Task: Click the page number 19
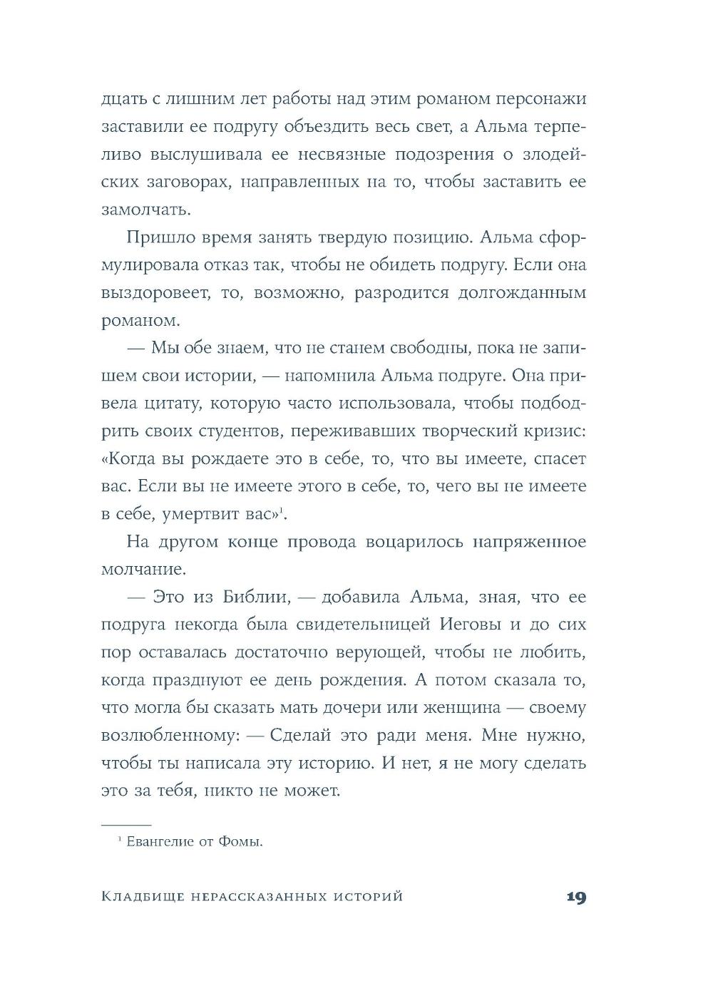(575, 897)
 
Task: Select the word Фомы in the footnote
(242, 842)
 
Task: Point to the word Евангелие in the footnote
(160, 842)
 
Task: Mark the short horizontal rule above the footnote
(125, 823)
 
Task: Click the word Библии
(255, 597)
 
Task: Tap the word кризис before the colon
(549, 431)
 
